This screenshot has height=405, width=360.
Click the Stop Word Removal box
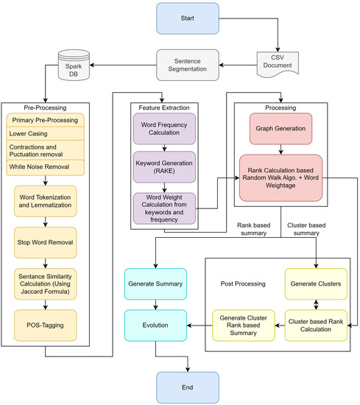[46, 240]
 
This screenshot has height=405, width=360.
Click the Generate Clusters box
[316, 282]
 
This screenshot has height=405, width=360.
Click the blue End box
[188, 386]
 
